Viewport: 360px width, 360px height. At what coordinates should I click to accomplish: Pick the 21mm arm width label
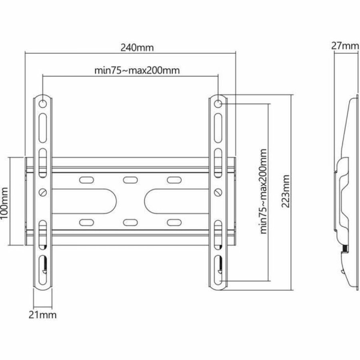pyautogui.click(x=43, y=315)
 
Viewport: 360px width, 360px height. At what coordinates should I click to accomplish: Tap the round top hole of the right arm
pyautogui.click(x=218, y=104)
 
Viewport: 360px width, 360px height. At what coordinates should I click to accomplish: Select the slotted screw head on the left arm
pyautogui.click(x=43, y=192)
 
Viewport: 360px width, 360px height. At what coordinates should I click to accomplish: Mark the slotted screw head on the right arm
pyautogui.click(x=218, y=192)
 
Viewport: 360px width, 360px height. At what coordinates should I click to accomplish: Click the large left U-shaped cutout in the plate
pyautogui.click(x=86, y=201)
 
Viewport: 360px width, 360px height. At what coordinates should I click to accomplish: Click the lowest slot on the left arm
pyautogui.click(x=43, y=265)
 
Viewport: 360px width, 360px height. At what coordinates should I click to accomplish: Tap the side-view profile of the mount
pyautogui.click(x=346, y=192)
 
